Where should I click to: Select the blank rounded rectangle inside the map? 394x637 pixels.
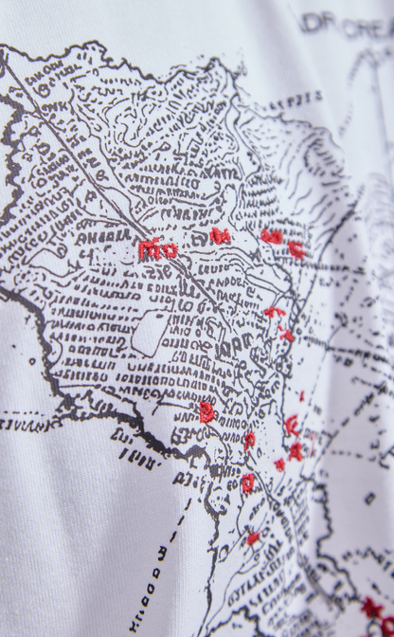click(151, 333)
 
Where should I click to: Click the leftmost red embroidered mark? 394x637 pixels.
click(156, 250)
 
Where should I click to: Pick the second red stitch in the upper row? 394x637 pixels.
click(220, 236)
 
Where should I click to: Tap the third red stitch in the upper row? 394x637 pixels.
click(272, 236)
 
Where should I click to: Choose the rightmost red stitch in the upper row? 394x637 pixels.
click(296, 250)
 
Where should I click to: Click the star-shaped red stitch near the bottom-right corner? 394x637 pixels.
click(373, 609)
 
